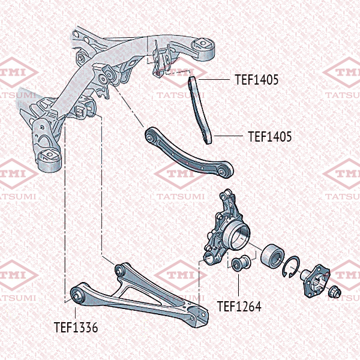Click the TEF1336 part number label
tap(76, 327)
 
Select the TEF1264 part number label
tap(239, 306)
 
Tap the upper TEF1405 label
tap(257, 79)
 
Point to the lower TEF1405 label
tap(270, 136)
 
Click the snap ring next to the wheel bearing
tap(291, 266)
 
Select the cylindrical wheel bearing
tap(272, 255)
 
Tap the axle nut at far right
tap(335, 292)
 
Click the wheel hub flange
tap(316, 281)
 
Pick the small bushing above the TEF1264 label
tap(241, 262)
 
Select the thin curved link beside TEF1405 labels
tap(200, 110)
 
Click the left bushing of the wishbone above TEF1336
tap(77, 295)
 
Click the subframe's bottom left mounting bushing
tap(49, 160)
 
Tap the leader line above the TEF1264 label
tap(239, 285)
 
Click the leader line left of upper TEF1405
tap(214, 79)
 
